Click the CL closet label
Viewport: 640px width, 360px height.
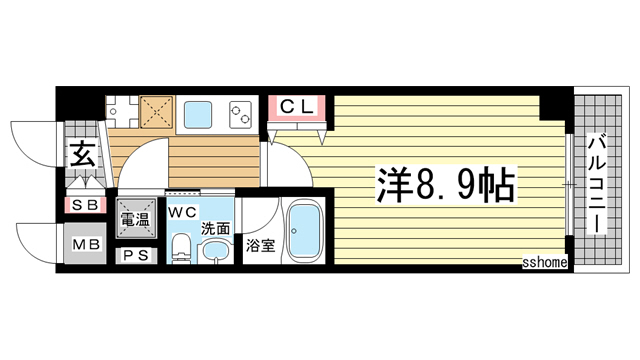coord(296,105)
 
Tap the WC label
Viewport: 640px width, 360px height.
coord(182,213)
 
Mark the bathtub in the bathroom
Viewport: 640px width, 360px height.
coord(303,232)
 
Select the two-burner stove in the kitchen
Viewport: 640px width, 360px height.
coord(243,112)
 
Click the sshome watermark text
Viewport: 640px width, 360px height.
coord(545,262)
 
